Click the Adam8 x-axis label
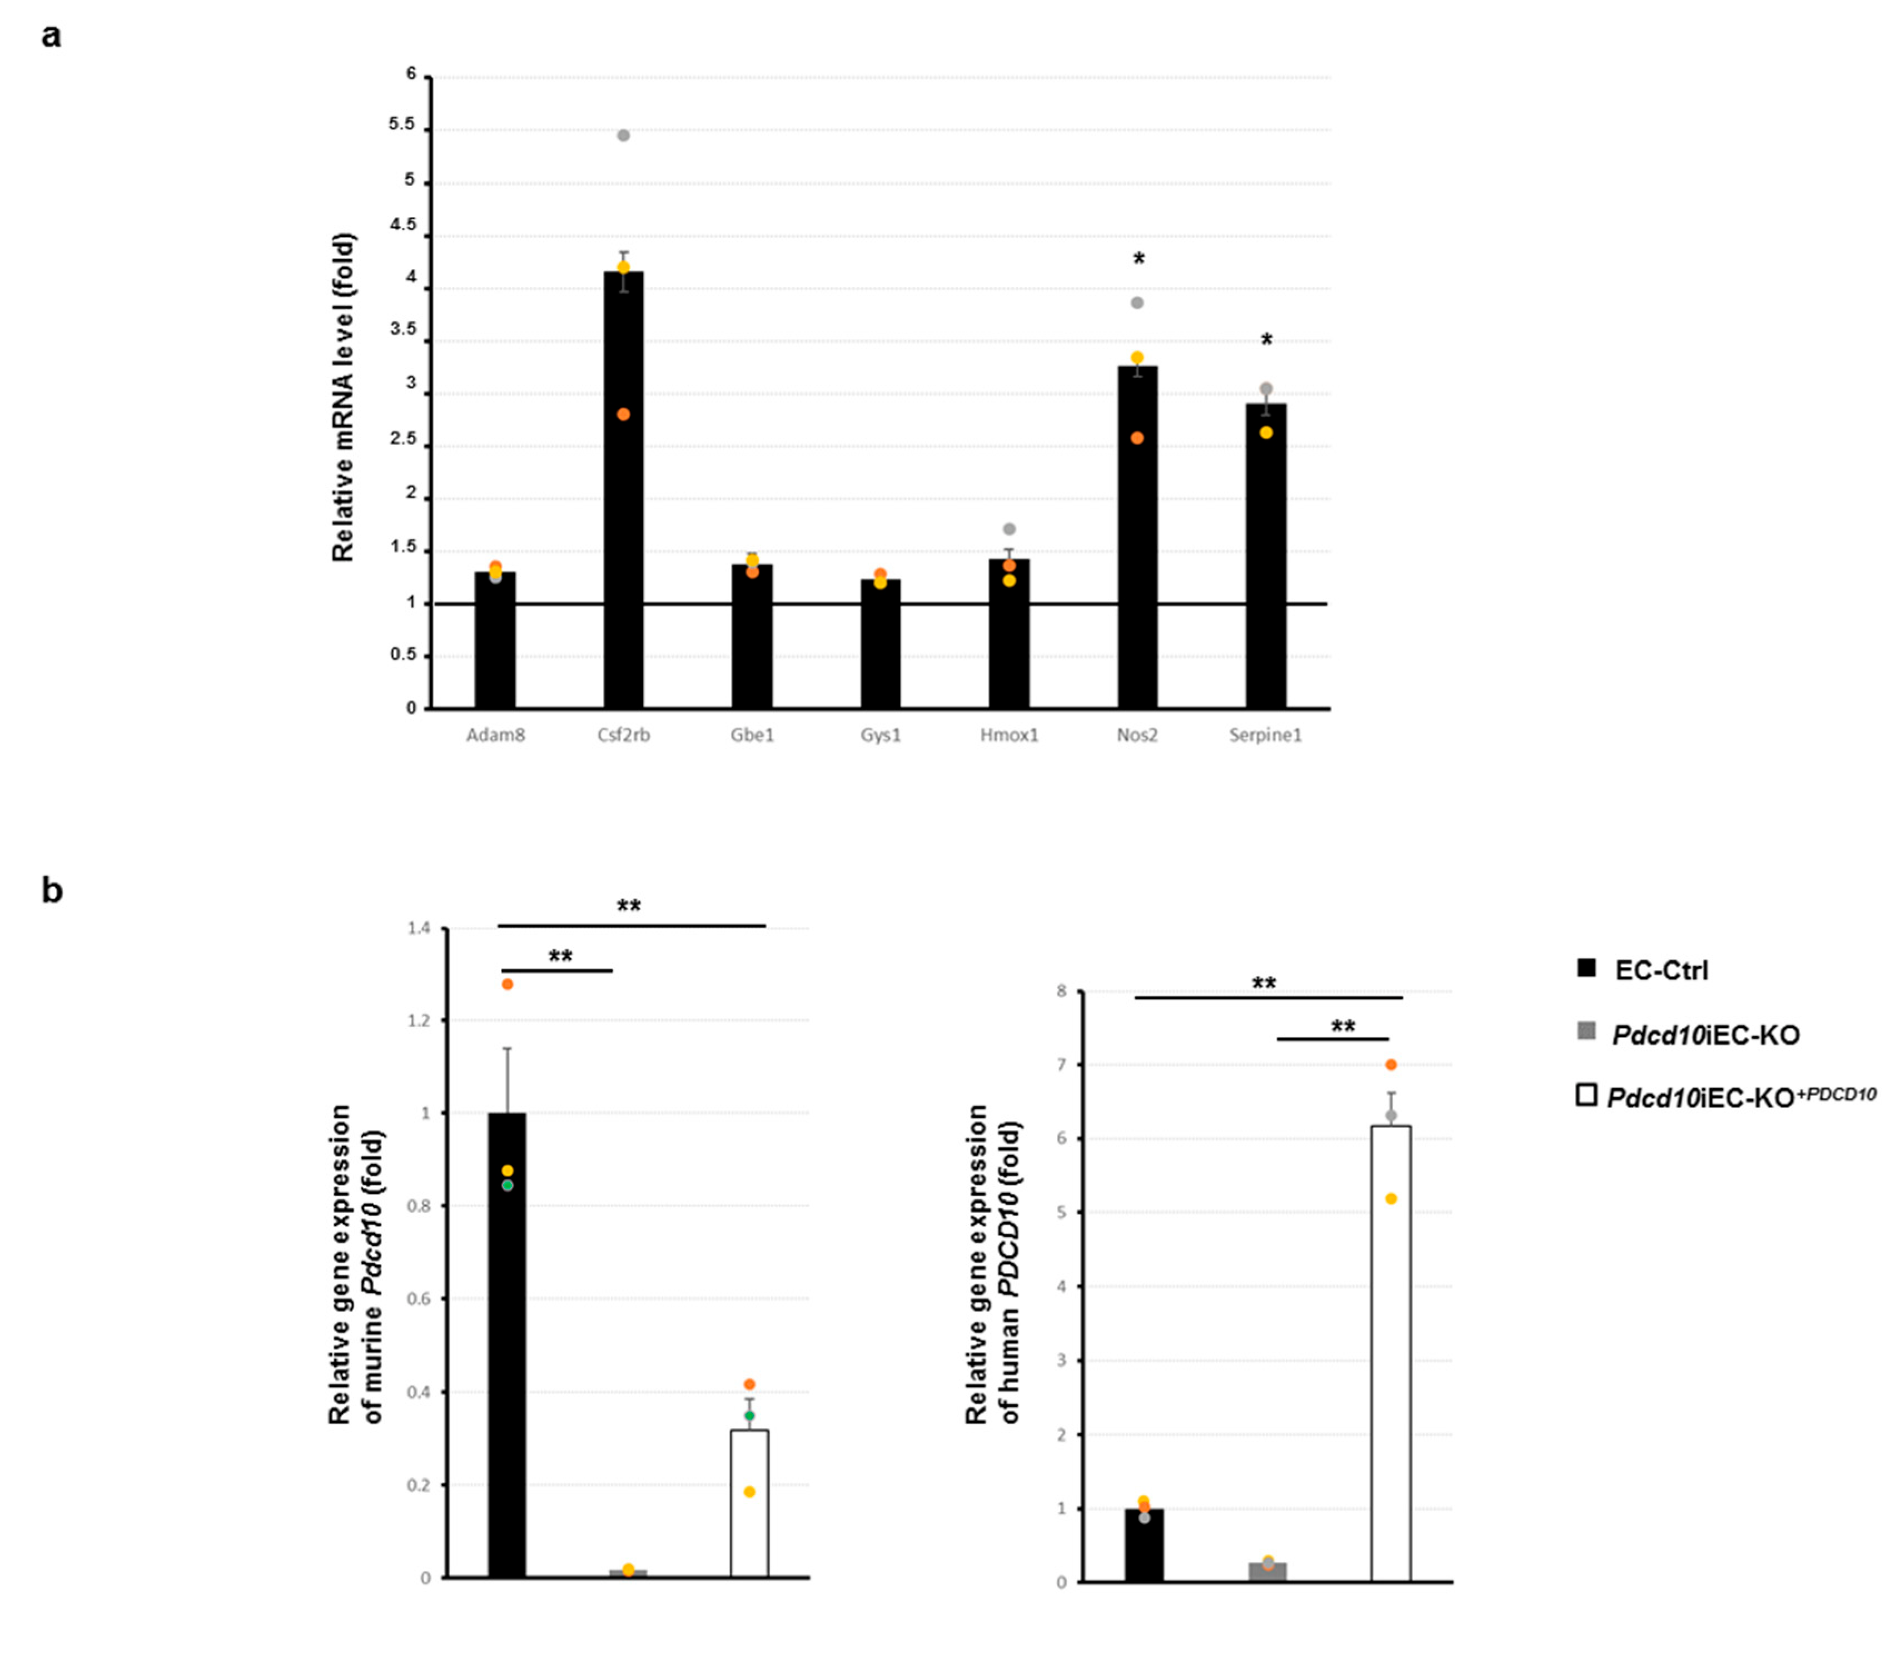pyautogui.click(x=495, y=735)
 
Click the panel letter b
pyautogui.click(x=52, y=890)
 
